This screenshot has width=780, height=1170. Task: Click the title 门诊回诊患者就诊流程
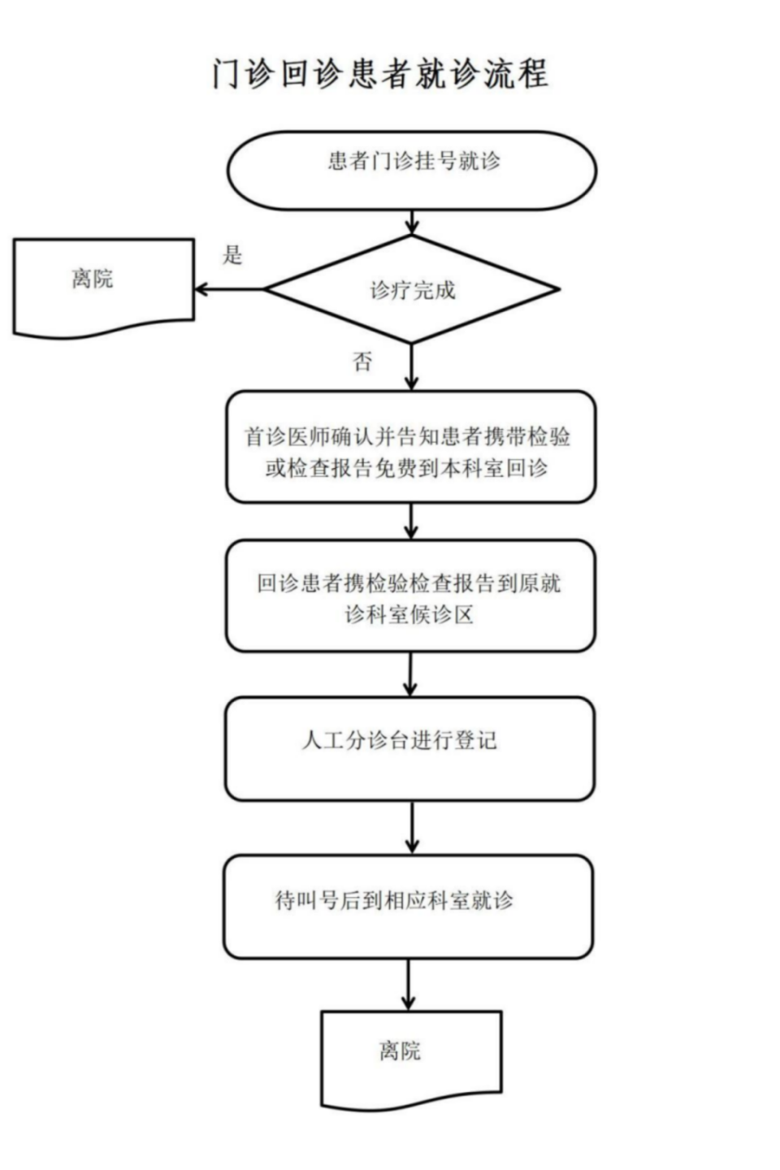click(x=380, y=74)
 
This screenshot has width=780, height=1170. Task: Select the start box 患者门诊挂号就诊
click(x=412, y=170)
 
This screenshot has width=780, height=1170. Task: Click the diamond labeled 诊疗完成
click(x=412, y=289)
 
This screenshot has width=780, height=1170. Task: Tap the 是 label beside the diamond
click(x=233, y=255)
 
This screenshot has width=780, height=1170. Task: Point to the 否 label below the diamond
click(x=363, y=362)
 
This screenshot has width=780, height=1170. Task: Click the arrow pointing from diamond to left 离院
click(x=229, y=288)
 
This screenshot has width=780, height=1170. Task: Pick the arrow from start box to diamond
click(x=412, y=222)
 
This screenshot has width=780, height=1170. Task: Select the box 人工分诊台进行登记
click(x=409, y=747)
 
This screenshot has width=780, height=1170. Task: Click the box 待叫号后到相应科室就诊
click(x=409, y=905)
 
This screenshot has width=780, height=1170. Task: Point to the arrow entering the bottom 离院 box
click(x=409, y=984)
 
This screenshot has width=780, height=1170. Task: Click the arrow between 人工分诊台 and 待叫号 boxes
click(x=412, y=826)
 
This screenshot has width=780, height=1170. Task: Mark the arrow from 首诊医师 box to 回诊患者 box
click(x=411, y=521)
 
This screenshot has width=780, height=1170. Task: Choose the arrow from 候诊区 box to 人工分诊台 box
click(x=410, y=674)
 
